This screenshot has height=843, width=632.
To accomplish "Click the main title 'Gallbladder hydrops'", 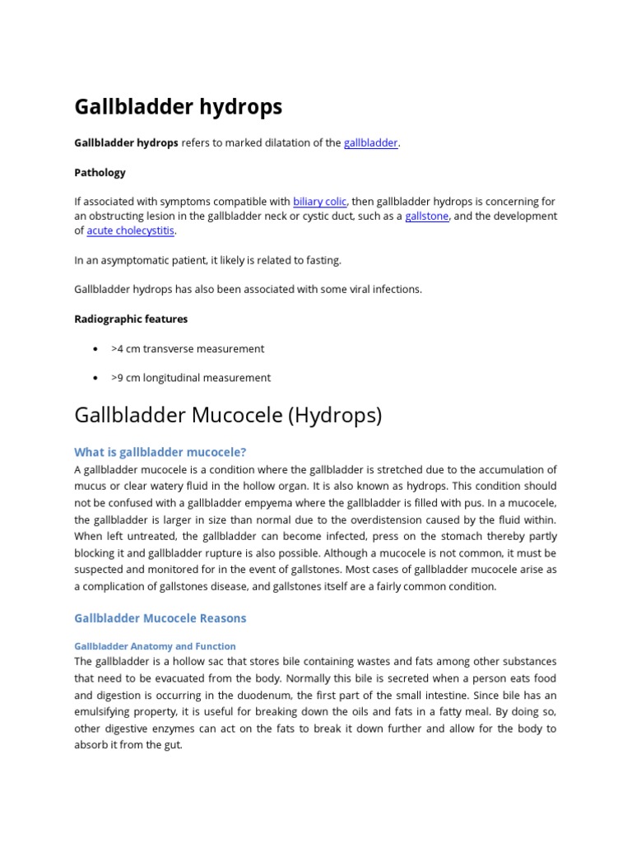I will tap(178, 107).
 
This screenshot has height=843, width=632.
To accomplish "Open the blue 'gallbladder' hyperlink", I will tap(370, 143).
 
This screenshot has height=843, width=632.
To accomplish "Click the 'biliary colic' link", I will tap(319, 202).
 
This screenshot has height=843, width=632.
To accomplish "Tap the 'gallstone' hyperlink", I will tap(427, 217).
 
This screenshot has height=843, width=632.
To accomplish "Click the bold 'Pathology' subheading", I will tap(100, 173).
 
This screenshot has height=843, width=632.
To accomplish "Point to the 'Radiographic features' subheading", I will tap(131, 319).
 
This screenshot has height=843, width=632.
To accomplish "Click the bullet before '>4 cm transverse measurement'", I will tap(97, 349).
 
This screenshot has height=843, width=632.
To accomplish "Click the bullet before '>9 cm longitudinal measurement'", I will tap(97, 379).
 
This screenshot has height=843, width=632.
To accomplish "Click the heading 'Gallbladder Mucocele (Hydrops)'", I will tap(228, 416).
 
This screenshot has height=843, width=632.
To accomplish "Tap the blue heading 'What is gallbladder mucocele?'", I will tap(160, 452).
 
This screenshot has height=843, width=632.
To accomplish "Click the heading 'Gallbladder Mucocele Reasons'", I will tap(160, 618).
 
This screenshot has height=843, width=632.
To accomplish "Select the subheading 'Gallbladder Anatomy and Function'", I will tap(155, 647).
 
